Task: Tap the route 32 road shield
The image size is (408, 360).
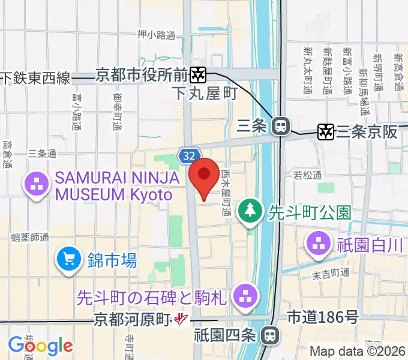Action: (x=189, y=156)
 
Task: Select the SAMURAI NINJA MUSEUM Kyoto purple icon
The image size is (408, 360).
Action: (x=35, y=185)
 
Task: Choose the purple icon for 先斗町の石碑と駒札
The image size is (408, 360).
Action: (x=245, y=295)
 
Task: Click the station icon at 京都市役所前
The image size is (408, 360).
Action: (x=198, y=75)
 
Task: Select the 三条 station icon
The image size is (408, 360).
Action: (x=279, y=126)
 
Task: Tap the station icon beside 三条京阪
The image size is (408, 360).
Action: (x=326, y=131)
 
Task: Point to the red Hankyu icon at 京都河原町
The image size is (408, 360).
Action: (x=179, y=320)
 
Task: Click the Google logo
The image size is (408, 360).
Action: (x=40, y=345)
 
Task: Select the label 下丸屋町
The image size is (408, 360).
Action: (x=204, y=94)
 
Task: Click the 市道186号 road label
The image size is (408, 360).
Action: (x=323, y=316)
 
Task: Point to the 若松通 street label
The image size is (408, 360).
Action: (x=308, y=175)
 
